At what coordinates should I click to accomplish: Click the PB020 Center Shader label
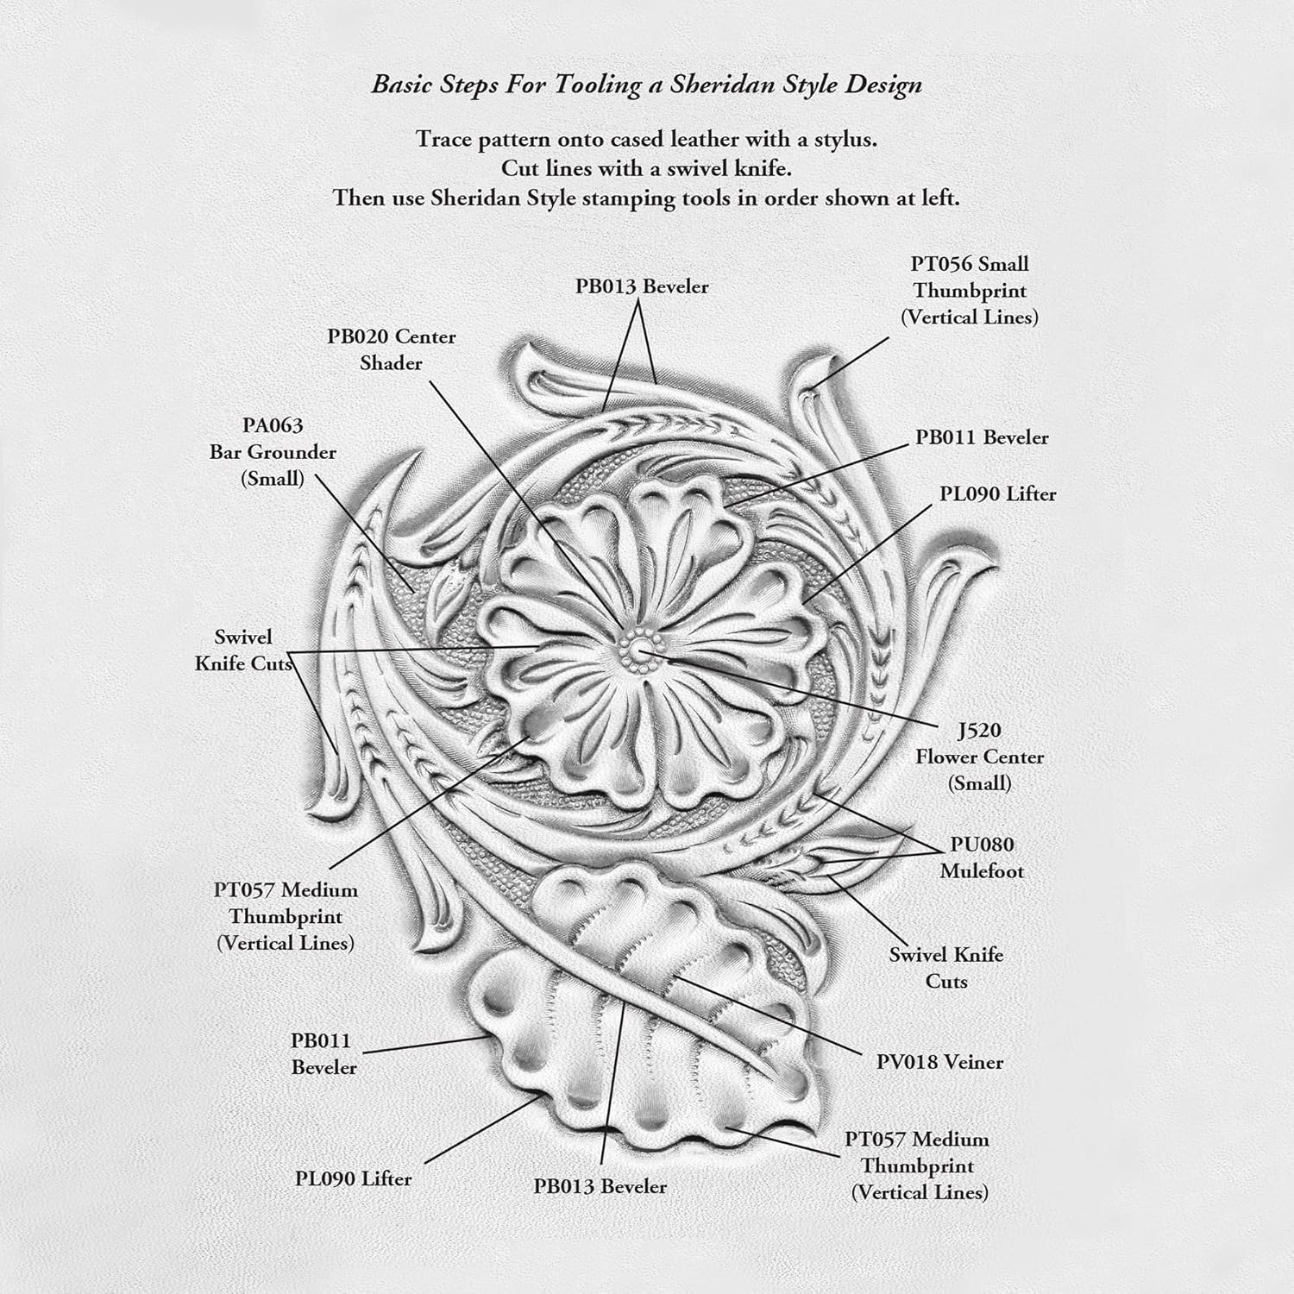391,349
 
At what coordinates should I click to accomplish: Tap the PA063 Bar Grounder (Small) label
273,451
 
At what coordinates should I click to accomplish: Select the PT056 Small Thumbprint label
970,290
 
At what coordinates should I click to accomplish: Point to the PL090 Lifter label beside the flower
998,494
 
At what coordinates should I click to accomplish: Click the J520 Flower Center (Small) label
979,757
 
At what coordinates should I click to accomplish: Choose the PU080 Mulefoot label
982,857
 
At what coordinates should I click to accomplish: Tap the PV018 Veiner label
939,1062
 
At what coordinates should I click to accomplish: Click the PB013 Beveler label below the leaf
600,1186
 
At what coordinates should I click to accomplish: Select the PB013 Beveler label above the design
642,286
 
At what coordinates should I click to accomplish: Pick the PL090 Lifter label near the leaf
353,1178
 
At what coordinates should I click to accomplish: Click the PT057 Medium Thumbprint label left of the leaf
286,916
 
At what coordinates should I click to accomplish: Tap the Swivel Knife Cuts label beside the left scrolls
243,650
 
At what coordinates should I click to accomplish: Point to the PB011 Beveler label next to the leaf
323,1054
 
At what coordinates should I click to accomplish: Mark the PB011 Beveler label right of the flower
982,437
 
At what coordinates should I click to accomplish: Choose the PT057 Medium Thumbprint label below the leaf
917,1165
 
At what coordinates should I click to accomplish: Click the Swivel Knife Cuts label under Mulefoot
946,968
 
